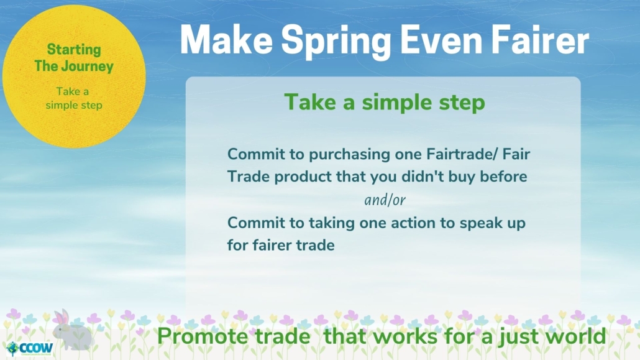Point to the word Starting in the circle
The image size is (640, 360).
pos(74,50)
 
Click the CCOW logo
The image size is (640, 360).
pos(30,348)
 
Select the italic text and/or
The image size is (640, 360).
pos(385,200)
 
